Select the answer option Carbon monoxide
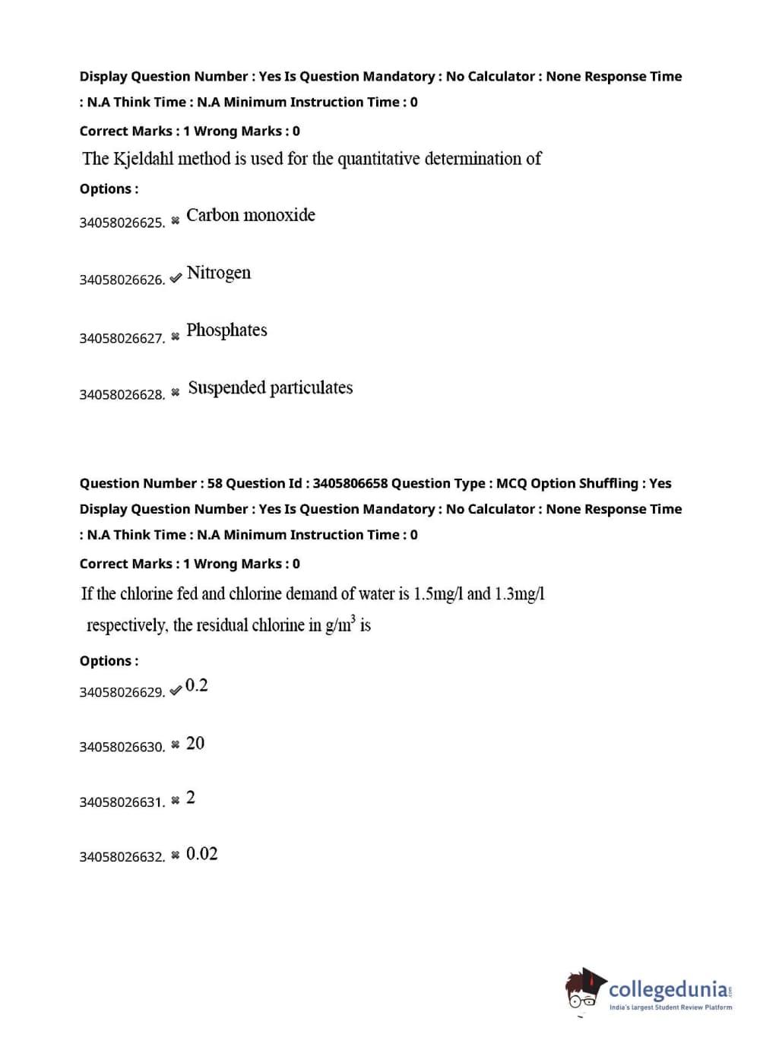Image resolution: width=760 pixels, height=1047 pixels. click(x=250, y=215)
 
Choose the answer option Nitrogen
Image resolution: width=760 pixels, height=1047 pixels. click(x=218, y=273)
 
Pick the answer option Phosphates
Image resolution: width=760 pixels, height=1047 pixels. click(x=226, y=330)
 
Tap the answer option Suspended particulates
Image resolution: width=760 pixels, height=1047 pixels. click(x=270, y=387)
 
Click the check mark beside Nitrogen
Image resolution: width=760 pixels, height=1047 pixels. click(x=176, y=278)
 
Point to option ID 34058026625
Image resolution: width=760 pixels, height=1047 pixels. click(x=122, y=223)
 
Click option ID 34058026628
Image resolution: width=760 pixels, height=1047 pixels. click(x=122, y=394)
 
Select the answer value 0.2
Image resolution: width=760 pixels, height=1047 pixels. click(x=196, y=685)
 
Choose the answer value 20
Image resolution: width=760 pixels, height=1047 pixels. click(x=195, y=743)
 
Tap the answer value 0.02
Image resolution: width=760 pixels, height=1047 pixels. click(x=201, y=854)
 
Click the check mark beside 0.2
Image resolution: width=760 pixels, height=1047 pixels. click(x=176, y=690)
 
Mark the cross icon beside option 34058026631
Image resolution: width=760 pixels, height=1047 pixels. click(x=176, y=800)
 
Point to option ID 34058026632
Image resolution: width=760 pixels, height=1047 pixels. click(x=122, y=857)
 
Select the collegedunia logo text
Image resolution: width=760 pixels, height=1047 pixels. click(x=669, y=989)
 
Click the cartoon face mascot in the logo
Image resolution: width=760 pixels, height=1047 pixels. click(x=584, y=990)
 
